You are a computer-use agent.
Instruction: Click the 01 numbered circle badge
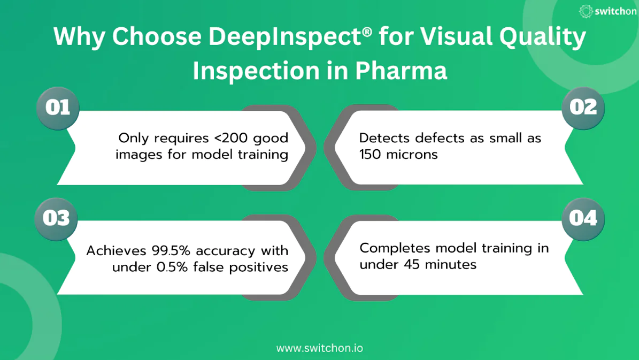[57, 108]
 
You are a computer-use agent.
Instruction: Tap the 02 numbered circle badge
[583, 108]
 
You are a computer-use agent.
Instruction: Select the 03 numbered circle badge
[56, 218]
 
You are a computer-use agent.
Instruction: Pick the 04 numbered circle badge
[583, 218]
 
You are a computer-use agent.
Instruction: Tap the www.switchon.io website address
[319, 348]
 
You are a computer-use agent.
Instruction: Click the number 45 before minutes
[409, 264]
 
